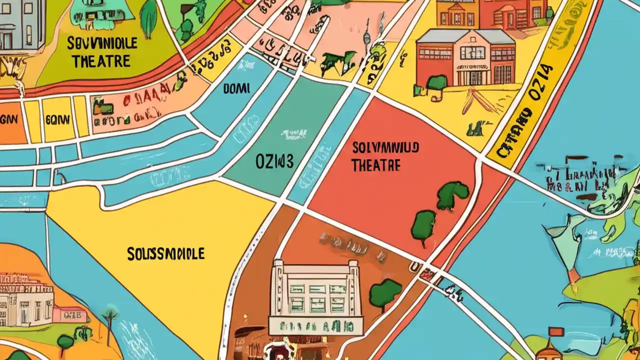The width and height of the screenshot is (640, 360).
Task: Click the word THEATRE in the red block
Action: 375,165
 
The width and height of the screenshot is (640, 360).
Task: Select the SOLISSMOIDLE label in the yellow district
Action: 165,253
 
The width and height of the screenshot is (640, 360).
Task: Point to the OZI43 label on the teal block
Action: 274,161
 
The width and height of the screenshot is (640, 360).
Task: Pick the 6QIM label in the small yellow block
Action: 58,119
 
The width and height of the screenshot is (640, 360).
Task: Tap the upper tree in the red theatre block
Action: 452,195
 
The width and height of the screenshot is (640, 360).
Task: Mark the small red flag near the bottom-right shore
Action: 555,331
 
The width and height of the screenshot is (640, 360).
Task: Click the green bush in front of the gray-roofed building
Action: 437,82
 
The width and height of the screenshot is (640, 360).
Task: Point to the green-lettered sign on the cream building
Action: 315,326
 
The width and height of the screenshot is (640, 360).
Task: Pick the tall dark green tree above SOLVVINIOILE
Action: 148,19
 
